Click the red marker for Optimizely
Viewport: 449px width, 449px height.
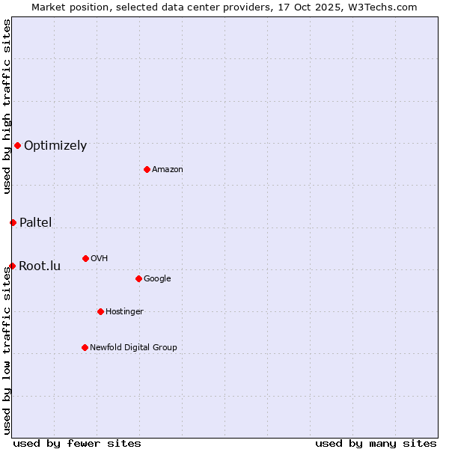pyautogui.click(x=17, y=145)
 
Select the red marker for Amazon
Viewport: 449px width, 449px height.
pyautogui.click(x=147, y=169)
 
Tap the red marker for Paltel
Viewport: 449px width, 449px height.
pyautogui.click(x=13, y=222)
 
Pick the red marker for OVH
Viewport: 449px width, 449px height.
pyautogui.click(x=85, y=258)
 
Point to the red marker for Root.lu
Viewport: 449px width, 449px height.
pyautogui.click(x=12, y=266)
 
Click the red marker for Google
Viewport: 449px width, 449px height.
pyautogui.click(x=138, y=278)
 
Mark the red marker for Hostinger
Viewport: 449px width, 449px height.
pyautogui.click(x=100, y=311)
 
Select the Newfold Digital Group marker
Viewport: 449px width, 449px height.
pyautogui.click(x=85, y=347)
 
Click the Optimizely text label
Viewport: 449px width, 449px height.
pyautogui.click(x=55, y=146)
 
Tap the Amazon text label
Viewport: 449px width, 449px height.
pyautogui.click(x=168, y=170)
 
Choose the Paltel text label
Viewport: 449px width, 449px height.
pyautogui.click(x=35, y=222)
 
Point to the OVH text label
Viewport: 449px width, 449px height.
pyautogui.click(x=100, y=259)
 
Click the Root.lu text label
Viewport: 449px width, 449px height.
pyautogui.click(x=40, y=266)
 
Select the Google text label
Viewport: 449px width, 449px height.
pyautogui.click(x=157, y=279)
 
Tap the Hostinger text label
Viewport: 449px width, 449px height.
pyautogui.click(x=124, y=312)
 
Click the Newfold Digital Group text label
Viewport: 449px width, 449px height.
pyautogui.click(x=133, y=348)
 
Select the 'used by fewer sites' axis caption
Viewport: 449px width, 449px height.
pyautogui.click(x=77, y=443)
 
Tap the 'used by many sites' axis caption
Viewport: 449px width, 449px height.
pyautogui.click(x=376, y=443)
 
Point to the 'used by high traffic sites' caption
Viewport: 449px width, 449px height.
pyautogui.click(x=7, y=106)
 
